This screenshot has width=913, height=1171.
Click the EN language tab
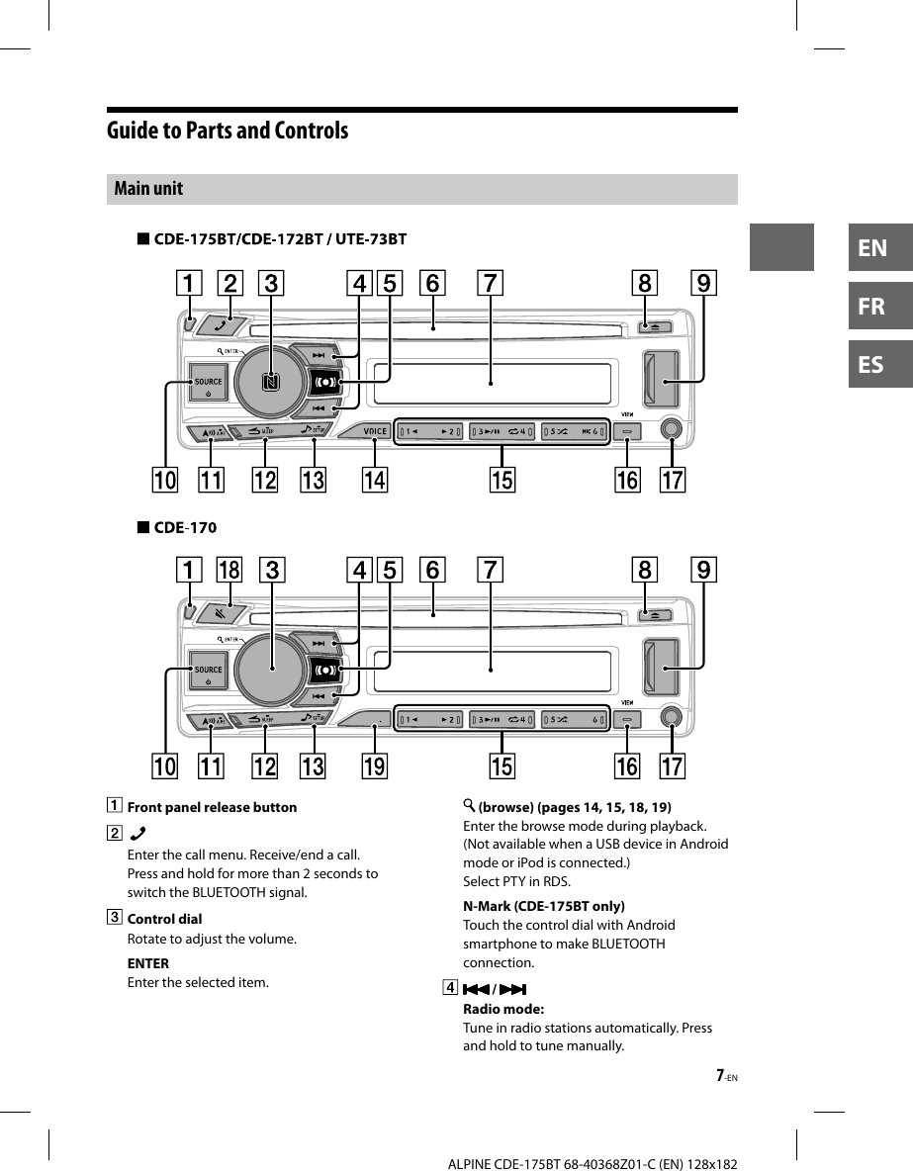(x=872, y=247)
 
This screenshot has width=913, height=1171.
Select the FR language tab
(x=872, y=306)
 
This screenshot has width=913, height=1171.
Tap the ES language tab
(x=872, y=364)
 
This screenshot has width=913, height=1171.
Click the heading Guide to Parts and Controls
(x=228, y=131)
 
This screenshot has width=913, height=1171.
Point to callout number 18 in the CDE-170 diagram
(x=229, y=571)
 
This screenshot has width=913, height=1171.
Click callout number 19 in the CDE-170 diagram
(x=375, y=766)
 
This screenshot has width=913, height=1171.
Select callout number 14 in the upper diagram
(x=375, y=480)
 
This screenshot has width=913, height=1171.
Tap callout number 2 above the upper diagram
(x=229, y=283)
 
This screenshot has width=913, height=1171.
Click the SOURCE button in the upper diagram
(x=208, y=384)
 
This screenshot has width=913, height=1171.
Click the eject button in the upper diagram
(x=656, y=326)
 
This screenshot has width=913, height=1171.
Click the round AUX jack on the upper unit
(x=672, y=430)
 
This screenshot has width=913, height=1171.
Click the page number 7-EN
(x=727, y=1076)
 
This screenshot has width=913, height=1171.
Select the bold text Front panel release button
(x=212, y=807)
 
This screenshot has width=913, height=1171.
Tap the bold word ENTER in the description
(x=148, y=963)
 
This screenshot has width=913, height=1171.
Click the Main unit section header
(x=148, y=189)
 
